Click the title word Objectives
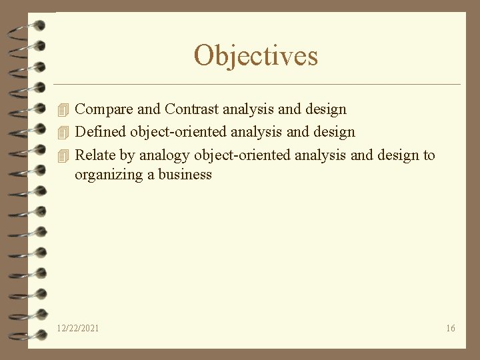[256, 55]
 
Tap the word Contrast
[192, 109]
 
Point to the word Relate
[95, 155]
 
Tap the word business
[185, 175]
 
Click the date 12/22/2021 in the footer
[78, 328]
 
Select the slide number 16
[451, 328]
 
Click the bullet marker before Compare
[63, 109]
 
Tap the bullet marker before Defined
[63, 132]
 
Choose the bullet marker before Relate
[63, 155]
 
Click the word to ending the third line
[428, 155]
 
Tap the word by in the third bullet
[127, 156]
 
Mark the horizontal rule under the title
[257, 85]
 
